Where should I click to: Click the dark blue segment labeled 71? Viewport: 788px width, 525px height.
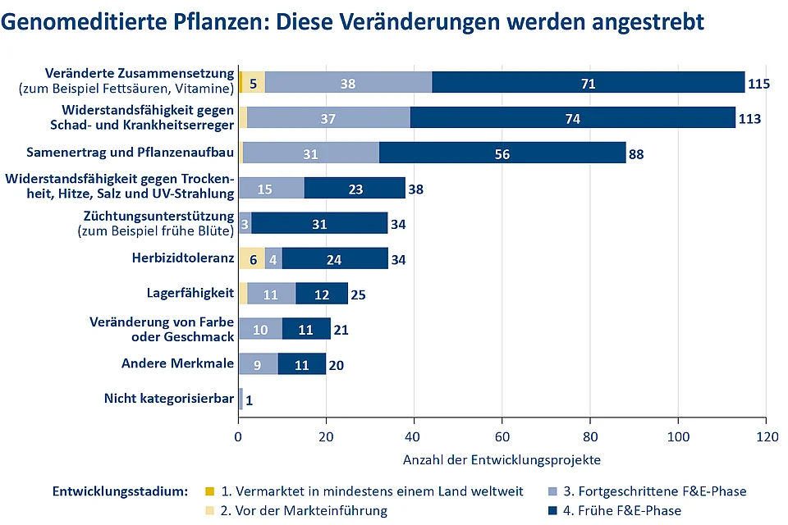click(588, 83)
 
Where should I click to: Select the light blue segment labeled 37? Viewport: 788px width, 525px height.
click(328, 118)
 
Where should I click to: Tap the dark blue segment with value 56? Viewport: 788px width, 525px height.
click(502, 153)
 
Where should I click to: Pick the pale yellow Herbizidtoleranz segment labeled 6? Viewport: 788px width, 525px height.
click(252, 258)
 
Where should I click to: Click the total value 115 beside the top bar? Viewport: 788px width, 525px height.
click(758, 84)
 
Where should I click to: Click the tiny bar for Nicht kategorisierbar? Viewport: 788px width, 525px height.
click(241, 399)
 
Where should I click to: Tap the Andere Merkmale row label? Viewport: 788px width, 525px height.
click(177, 363)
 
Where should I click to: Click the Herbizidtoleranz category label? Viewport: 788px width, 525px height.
click(182, 258)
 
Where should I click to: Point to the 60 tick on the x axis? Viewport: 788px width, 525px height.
click(502, 436)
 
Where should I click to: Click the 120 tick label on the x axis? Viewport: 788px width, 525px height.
click(766, 436)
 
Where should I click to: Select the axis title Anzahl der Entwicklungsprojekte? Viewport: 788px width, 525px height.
click(502, 459)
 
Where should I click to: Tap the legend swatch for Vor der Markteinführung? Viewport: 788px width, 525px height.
click(210, 510)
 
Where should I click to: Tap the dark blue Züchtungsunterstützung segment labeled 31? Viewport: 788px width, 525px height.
click(319, 223)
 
